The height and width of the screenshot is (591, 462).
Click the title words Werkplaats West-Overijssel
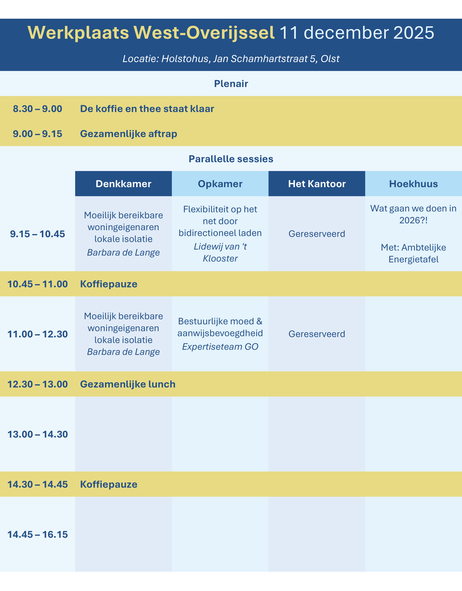151,33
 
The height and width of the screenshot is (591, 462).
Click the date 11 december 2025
357,33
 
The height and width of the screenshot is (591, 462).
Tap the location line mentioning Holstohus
231,59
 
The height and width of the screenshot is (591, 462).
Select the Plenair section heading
231,84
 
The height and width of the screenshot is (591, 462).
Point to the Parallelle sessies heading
231,159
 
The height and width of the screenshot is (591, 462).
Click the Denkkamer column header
124,184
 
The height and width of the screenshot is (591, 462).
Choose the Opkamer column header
220,184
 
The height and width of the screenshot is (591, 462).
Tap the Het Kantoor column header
317,184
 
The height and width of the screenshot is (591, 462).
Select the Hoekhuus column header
413,184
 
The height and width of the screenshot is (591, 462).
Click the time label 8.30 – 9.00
38,109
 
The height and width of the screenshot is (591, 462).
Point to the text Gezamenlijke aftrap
129,134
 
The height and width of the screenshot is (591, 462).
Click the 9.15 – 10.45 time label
38,234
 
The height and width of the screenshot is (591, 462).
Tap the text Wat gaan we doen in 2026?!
413,214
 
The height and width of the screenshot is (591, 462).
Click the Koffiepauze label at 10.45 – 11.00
109,284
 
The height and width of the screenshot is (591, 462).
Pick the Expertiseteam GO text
220,347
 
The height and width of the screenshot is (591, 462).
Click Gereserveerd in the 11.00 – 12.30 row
317,334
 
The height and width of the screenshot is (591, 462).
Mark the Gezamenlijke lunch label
128,384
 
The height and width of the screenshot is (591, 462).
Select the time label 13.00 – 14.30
38,434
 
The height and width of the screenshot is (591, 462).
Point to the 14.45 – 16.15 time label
38,534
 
